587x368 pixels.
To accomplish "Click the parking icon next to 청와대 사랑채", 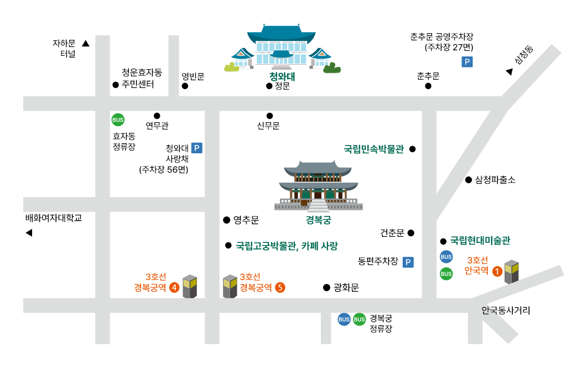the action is (x=196, y=148).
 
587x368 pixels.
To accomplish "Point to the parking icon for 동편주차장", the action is (x=408, y=262).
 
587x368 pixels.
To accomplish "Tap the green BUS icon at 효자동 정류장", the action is (x=118, y=120).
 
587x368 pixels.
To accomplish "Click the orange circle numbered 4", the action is (x=174, y=287).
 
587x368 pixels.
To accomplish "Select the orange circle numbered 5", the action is (x=280, y=287).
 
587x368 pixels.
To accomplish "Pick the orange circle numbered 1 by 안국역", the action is (x=497, y=271).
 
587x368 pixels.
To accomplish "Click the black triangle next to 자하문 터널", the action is (x=86, y=43).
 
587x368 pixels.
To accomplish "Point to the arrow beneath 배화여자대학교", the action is (x=29, y=233).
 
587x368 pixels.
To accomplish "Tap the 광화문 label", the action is (x=347, y=287).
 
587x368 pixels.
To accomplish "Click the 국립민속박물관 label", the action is (x=374, y=149).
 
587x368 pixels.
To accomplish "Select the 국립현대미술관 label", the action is (x=480, y=241).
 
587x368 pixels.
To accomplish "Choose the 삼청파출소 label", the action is (x=495, y=180).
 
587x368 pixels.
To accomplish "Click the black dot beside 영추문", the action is (x=226, y=220).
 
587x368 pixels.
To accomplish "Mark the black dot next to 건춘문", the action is (x=411, y=233).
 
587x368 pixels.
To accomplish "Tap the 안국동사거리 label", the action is (x=506, y=310).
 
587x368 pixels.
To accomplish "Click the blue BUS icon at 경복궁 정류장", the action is (x=344, y=319).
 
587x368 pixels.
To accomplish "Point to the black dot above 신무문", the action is (x=269, y=116).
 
